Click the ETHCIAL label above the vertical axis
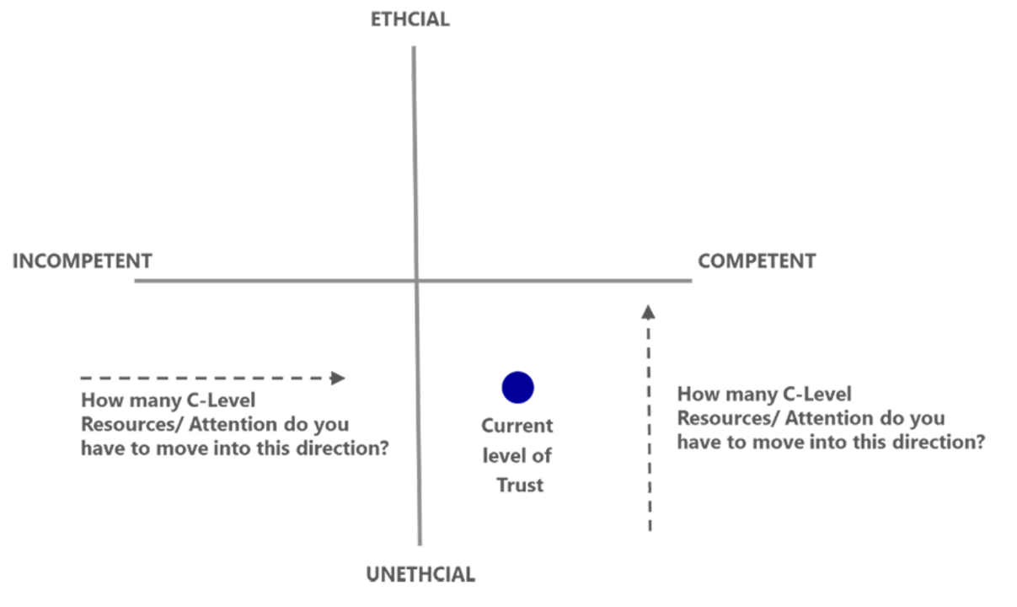(410, 19)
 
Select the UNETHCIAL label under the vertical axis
(421, 575)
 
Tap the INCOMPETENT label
(83, 261)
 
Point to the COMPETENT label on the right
(757, 261)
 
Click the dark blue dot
(517, 388)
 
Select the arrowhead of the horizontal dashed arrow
(338, 378)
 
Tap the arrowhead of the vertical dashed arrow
(648, 312)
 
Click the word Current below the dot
(517, 427)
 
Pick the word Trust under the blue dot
(520, 486)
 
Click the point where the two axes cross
(416, 281)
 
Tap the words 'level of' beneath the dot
(517, 456)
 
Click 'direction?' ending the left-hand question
(343, 449)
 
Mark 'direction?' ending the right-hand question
(939, 443)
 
